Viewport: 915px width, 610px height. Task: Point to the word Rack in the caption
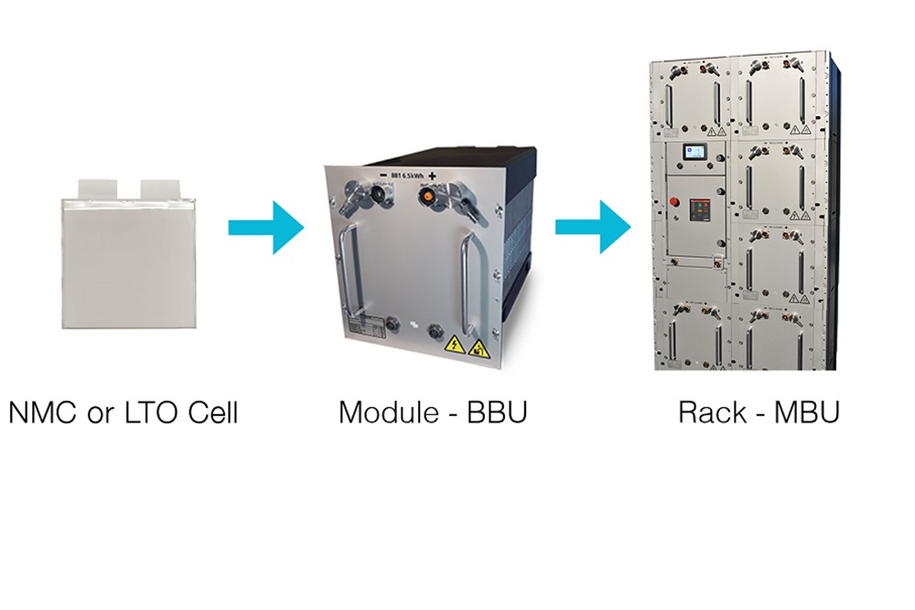coord(713,412)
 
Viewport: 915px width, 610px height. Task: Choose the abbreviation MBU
coord(806,412)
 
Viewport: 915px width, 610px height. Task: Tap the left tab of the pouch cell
coord(98,187)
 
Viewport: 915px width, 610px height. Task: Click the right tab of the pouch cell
coord(158,187)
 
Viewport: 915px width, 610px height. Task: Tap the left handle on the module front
coord(348,274)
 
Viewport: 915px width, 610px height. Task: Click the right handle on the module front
coord(470,284)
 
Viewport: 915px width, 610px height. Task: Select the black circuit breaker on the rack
coord(698,212)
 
